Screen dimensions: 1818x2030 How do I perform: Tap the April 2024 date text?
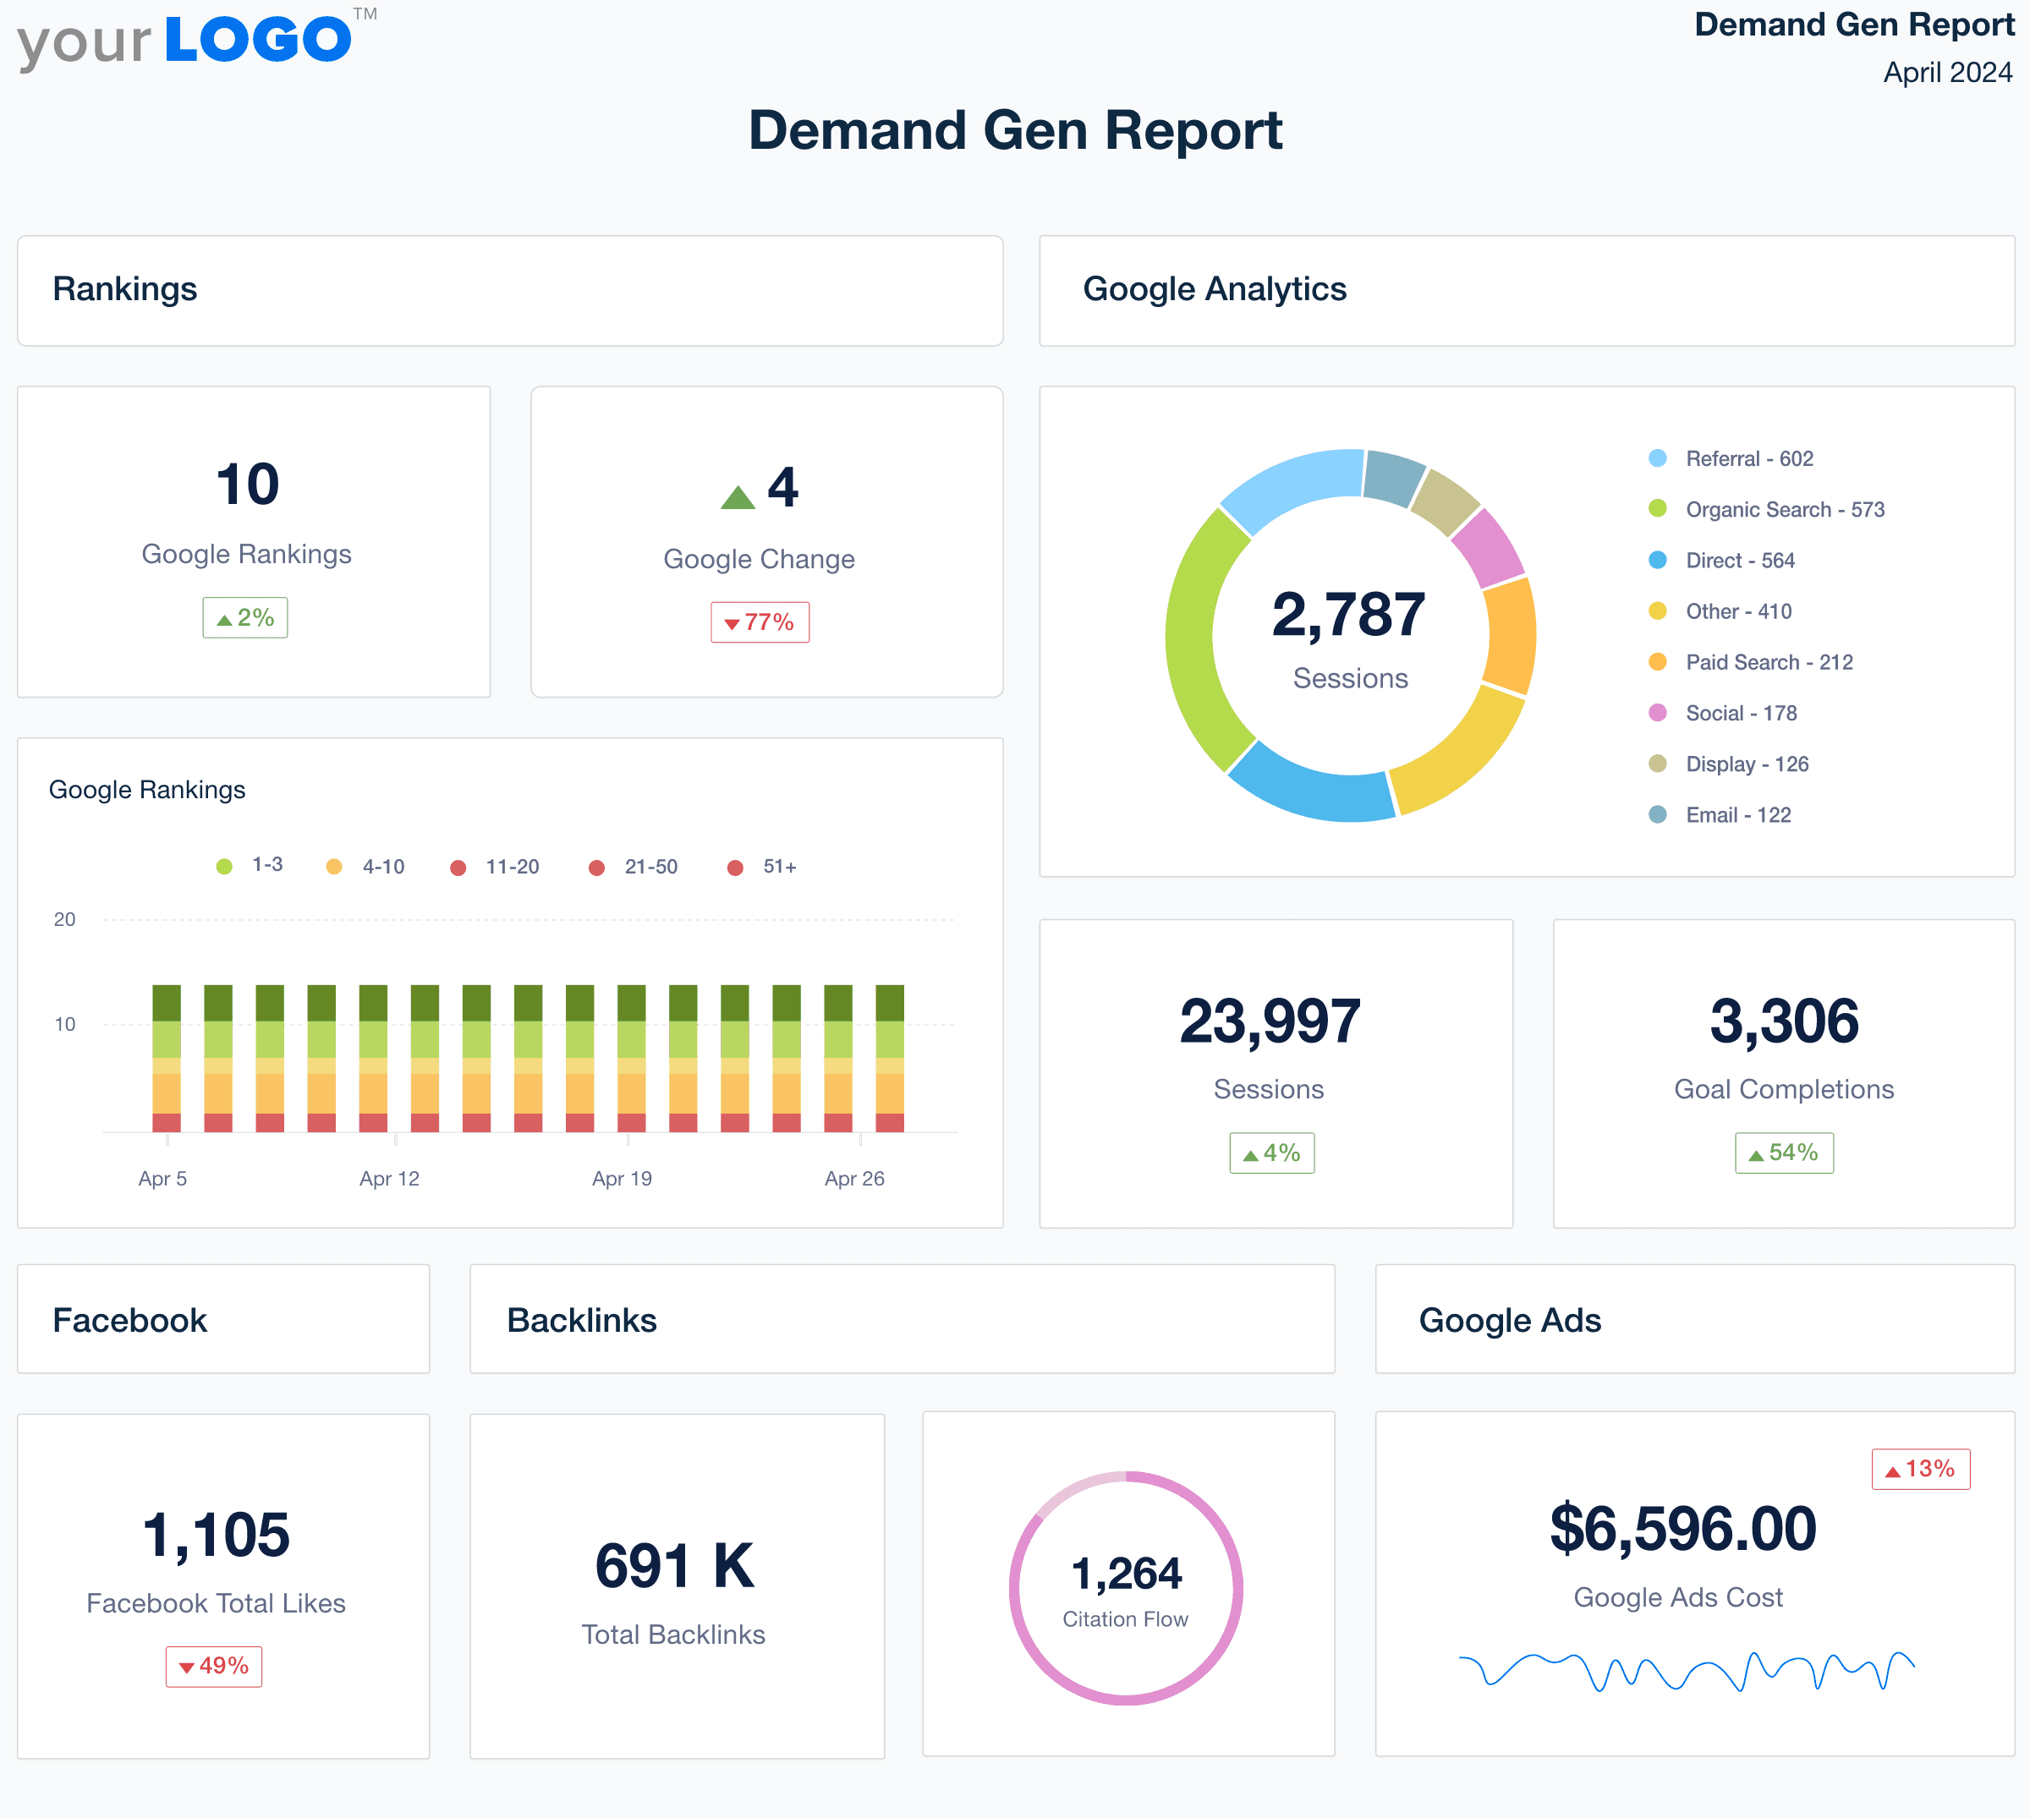[1946, 73]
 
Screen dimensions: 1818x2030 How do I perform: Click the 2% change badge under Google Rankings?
[246, 618]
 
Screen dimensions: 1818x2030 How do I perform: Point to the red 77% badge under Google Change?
[760, 622]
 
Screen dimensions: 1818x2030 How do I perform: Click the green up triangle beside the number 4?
[738, 497]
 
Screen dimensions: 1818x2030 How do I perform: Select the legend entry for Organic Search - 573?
[1783, 509]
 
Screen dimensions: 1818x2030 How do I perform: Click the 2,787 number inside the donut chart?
[1348, 615]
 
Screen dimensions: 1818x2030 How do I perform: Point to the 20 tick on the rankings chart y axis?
[65, 920]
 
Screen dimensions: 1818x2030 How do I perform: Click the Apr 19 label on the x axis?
[622, 1179]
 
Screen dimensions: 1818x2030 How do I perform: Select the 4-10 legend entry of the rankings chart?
[381, 867]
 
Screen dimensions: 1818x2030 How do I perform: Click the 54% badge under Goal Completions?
[1783, 1153]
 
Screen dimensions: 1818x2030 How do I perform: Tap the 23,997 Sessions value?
[1270, 1021]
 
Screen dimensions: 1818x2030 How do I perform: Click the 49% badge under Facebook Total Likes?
[214, 1666]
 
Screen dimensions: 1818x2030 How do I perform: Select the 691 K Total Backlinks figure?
[674, 1566]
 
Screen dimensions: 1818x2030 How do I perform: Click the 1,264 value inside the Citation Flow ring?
[1126, 1574]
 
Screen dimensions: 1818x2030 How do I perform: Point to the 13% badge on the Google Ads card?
[1920, 1470]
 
